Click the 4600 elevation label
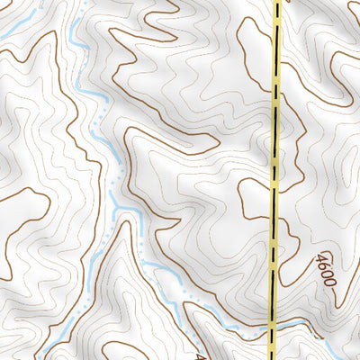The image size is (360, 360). click(326, 270)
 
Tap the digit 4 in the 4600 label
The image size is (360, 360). click(321, 258)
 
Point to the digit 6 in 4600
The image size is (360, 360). click(324, 265)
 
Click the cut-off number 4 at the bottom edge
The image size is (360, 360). click(200, 354)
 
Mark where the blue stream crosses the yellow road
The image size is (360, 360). click(272, 325)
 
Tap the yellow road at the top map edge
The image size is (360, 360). click(275, 4)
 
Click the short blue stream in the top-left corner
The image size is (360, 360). click(11, 36)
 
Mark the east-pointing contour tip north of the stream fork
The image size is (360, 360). click(214, 144)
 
